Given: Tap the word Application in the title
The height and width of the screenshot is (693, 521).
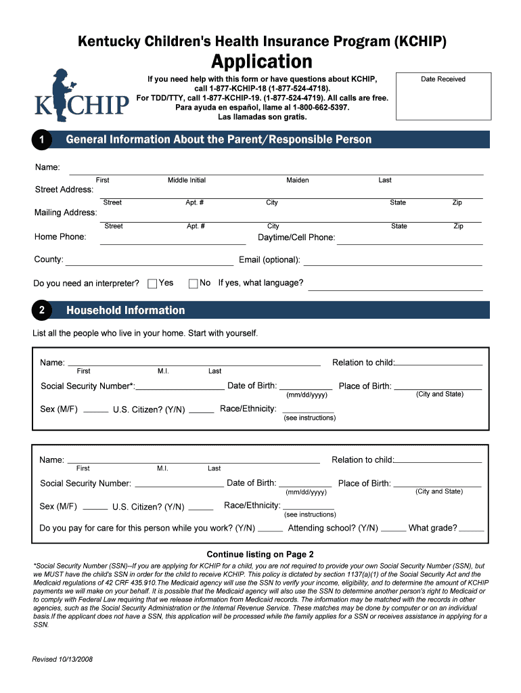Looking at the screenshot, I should click(x=262, y=62).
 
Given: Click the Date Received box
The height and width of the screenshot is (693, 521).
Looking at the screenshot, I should click(x=443, y=98).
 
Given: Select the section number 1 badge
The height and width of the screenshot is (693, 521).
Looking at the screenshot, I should click(x=42, y=140).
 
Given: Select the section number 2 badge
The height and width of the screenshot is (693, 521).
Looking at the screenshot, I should click(x=42, y=311).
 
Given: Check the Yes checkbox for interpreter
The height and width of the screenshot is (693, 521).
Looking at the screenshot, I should click(x=153, y=284).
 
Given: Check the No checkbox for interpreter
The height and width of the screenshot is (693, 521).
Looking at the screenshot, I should click(x=194, y=284).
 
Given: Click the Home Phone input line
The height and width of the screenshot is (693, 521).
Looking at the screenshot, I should click(x=166, y=242).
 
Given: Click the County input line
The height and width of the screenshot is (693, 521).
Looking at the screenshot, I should click(x=149, y=264).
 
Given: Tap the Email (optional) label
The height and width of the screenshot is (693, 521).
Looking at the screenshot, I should click(x=269, y=260).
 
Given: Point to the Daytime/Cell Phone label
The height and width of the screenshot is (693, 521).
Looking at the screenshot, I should click(x=296, y=238).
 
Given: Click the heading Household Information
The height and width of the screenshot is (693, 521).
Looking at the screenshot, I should click(x=125, y=311).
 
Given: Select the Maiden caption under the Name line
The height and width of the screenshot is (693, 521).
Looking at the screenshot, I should click(x=298, y=180).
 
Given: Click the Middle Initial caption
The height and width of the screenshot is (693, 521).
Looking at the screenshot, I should click(x=187, y=180).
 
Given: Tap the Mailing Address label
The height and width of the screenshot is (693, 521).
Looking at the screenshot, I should click(x=66, y=213).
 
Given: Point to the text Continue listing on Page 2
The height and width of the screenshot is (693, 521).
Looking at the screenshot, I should click(x=260, y=554).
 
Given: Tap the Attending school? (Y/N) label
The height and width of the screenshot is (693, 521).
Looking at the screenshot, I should click(x=333, y=528).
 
